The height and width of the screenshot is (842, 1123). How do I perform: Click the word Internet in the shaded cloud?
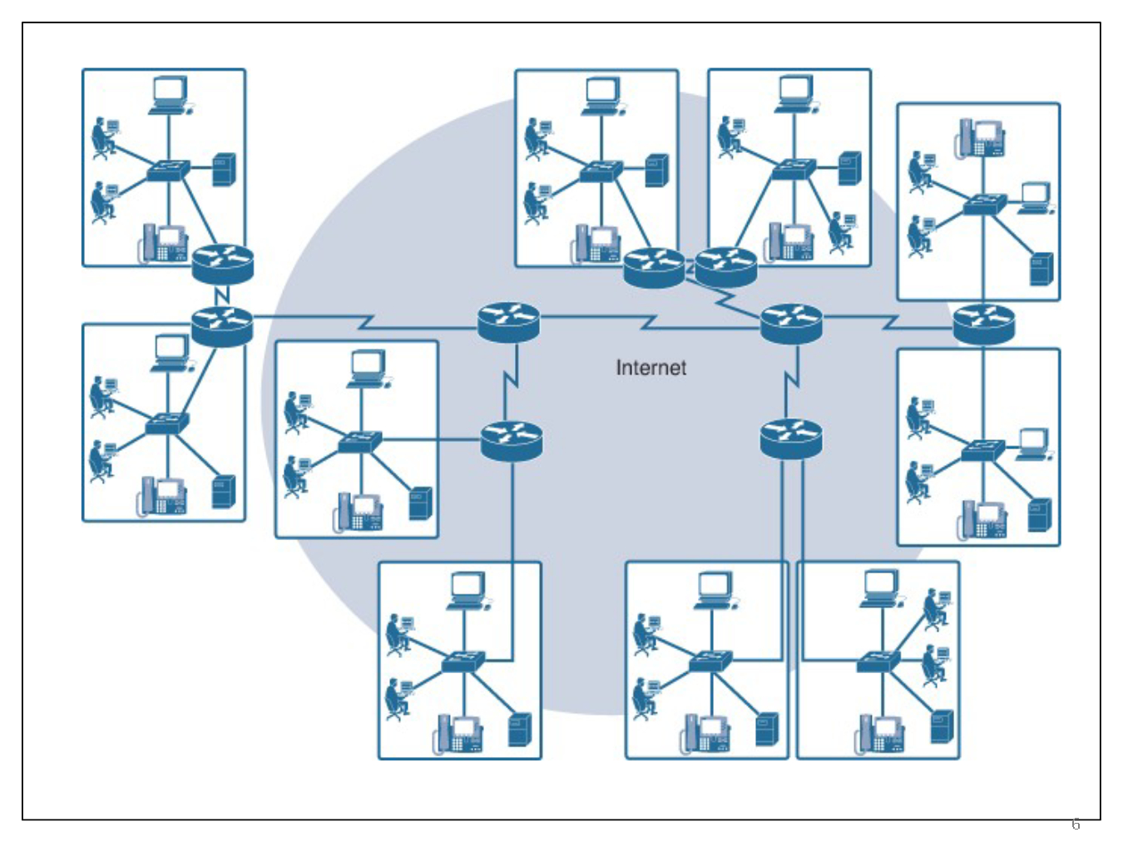(651, 368)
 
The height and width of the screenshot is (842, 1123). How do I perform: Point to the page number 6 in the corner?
(1076, 825)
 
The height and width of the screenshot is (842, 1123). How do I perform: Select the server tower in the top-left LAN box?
(224, 170)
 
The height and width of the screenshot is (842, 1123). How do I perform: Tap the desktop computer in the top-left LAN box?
(170, 94)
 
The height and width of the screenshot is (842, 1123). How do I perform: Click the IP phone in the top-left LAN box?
(164, 242)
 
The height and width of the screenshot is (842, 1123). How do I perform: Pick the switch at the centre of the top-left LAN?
(168, 171)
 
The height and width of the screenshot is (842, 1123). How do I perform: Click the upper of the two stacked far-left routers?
(222, 265)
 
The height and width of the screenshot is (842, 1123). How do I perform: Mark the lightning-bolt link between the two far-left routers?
(222, 295)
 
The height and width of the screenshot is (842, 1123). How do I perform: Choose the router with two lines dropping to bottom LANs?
(791, 438)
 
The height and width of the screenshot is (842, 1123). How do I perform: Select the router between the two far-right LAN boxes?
(983, 324)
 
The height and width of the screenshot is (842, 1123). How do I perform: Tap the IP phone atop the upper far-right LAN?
(982, 137)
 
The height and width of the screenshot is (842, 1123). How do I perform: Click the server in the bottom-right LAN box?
(942, 726)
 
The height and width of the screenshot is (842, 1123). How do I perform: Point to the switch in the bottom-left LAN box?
(463, 661)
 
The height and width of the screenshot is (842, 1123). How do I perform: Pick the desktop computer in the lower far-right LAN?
(1033, 443)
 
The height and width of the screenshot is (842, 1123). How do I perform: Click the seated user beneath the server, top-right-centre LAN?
(840, 230)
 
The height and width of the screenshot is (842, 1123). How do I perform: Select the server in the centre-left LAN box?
(420, 503)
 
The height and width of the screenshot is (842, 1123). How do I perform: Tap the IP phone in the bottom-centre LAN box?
(706, 732)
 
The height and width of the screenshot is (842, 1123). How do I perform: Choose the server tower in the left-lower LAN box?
(224, 491)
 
